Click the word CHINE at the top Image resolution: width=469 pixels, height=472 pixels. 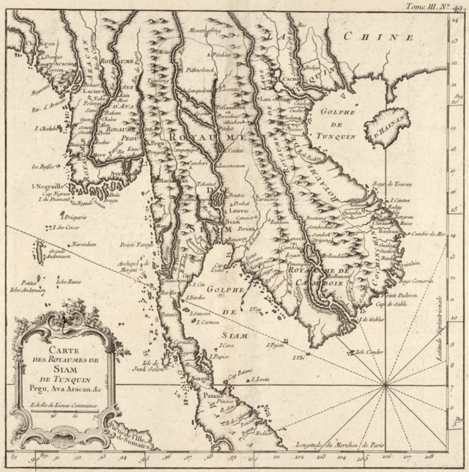coord(382,37)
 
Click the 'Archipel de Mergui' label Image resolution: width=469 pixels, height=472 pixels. coord(136,265)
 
